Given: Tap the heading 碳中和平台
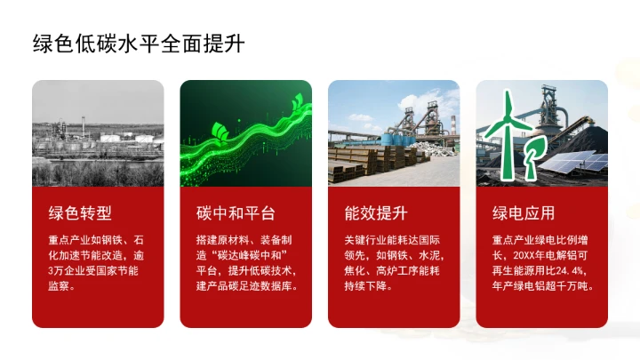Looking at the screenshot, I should (236, 213).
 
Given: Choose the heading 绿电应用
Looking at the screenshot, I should (524, 213).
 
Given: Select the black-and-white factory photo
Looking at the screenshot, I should (98, 133).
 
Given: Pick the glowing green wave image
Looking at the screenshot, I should (245, 133).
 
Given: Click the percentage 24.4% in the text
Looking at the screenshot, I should (575, 270).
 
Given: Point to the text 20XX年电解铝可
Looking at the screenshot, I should (556, 255).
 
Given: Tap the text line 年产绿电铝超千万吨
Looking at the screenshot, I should (542, 286).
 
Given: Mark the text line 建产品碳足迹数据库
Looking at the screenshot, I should (245, 286).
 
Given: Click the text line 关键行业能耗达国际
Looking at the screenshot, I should (392, 240).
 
